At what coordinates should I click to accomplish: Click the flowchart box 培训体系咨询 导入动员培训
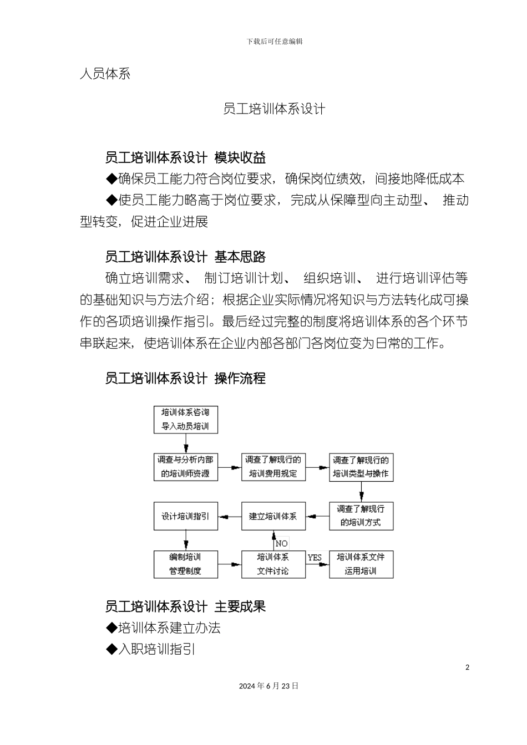click(185, 420)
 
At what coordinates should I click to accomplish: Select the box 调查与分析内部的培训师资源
click(185, 467)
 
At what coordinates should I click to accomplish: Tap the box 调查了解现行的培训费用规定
click(273, 467)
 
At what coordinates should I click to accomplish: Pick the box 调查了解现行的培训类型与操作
click(361, 467)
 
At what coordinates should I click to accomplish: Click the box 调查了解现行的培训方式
click(361, 516)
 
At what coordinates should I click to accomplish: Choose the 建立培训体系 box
click(273, 516)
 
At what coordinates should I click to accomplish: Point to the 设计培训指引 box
click(185, 516)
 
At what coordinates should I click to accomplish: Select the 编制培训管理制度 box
click(185, 564)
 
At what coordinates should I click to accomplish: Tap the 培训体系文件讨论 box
click(273, 564)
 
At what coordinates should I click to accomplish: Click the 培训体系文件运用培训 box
click(361, 564)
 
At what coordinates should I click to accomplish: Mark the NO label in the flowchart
click(282, 543)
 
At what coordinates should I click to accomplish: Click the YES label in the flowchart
click(315, 557)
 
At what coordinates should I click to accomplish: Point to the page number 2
click(467, 667)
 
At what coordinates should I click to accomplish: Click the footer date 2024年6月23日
click(268, 686)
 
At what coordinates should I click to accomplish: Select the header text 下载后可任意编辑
click(275, 42)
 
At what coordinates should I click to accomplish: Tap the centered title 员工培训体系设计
click(274, 109)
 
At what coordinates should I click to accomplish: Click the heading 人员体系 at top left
click(105, 74)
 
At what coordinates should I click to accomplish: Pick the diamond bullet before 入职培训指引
click(112, 649)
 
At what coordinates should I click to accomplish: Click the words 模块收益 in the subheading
click(240, 158)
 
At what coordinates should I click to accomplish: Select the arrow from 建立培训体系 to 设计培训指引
click(230, 516)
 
